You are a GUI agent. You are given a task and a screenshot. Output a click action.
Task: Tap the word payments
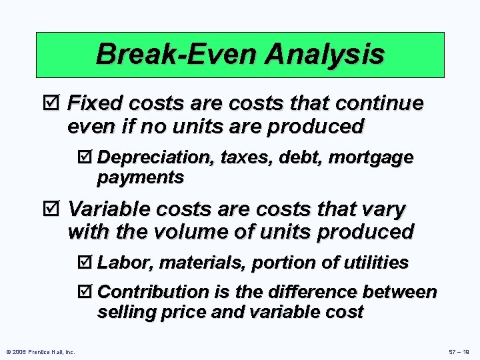[140, 177]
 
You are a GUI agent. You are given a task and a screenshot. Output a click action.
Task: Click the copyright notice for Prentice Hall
[41, 351]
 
